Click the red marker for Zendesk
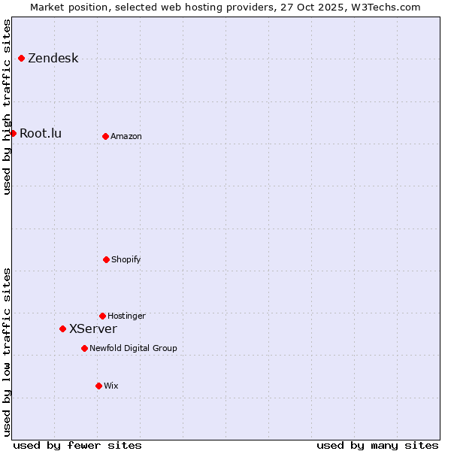point(21,58)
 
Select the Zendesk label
point(53,59)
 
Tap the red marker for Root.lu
point(13,133)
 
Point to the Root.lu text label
point(41,134)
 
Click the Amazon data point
point(105,136)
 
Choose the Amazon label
point(126,136)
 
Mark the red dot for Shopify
point(106,259)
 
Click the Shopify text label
point(126,259)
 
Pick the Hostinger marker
point(102,316)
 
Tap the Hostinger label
point(126,316)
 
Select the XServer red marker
point(62,328)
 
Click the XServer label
point(93,329)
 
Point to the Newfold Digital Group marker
point(84,348)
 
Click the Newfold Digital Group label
point(133,348)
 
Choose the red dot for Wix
point(98,386)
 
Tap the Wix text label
point(111,386)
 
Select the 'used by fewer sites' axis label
point(77,445)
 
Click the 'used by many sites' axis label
point(377,445)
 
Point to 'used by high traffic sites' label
point(7,107)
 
